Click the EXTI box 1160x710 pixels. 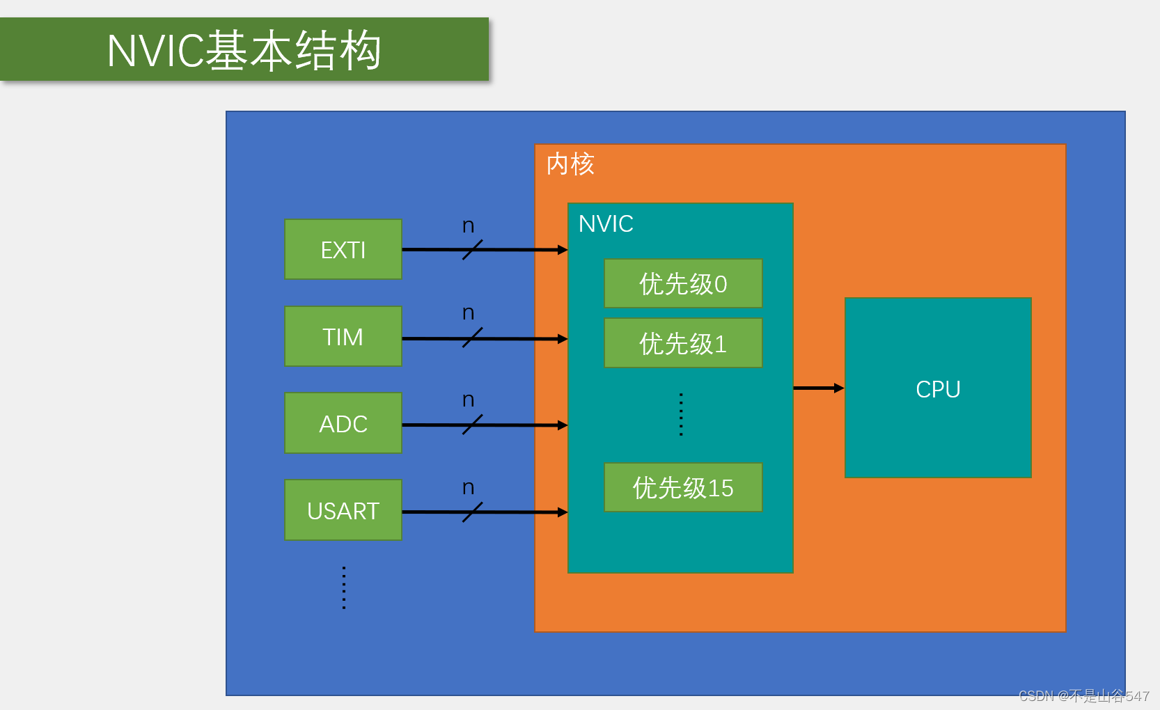pos(343,249)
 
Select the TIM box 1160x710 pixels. pos(343,336)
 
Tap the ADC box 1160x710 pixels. pos(343,423)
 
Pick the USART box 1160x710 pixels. pos(343,510)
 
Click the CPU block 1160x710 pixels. pos(937,388)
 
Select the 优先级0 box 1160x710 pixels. pos(682,283)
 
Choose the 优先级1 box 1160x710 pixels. pos(682,343)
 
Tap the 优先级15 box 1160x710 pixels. pos(682,487)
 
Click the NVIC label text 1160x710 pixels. pos(606,224)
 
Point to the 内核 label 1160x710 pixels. pos(570,164)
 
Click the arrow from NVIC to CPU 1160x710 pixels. pos(818,388)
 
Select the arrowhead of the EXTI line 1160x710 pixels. pos(563,250)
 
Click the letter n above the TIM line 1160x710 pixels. pos(468,313)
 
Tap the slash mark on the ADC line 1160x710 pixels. pos(472,425)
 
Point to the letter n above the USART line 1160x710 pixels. pos(468,487)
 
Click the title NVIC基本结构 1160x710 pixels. pos(244,50)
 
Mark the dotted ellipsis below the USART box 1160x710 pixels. pos(343,587)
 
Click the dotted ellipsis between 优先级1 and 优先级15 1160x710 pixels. pos(681,415)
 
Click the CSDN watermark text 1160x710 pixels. pos(1083,695)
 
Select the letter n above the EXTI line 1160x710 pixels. pos(468,226)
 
